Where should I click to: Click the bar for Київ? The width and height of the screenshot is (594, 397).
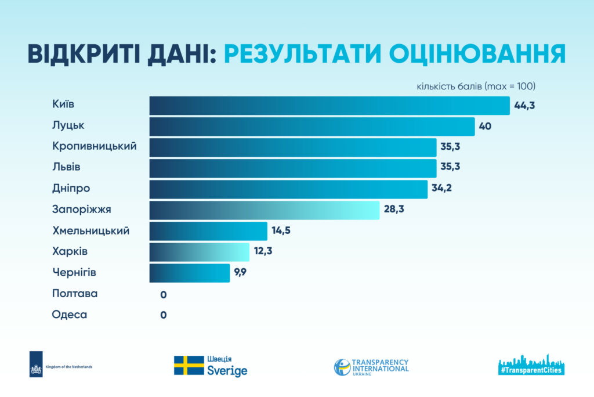coord(329,106)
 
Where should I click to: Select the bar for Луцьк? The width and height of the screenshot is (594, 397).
coord(312,127)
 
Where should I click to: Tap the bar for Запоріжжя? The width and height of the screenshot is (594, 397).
coord(265,210)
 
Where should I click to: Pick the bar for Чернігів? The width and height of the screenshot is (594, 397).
coord(190,273)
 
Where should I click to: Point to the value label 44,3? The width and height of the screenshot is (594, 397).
coord(524,106)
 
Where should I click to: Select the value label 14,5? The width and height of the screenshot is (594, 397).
coord(280,231)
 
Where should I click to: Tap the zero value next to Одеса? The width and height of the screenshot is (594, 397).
coord(164,315)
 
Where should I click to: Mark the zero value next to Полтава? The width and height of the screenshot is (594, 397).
coord(164,294)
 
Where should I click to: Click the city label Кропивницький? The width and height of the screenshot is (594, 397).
coord(95,146)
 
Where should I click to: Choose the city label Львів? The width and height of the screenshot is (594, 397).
coord(66,167)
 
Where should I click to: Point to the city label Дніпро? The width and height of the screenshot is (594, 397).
coord(71,189)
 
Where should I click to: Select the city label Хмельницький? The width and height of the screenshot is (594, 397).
coord(91,231)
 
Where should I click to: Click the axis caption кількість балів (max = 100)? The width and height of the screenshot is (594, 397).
coord(476,86)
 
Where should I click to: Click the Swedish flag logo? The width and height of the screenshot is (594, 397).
coord(189,366)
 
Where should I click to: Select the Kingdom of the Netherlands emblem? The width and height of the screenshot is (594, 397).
coord(36,364)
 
